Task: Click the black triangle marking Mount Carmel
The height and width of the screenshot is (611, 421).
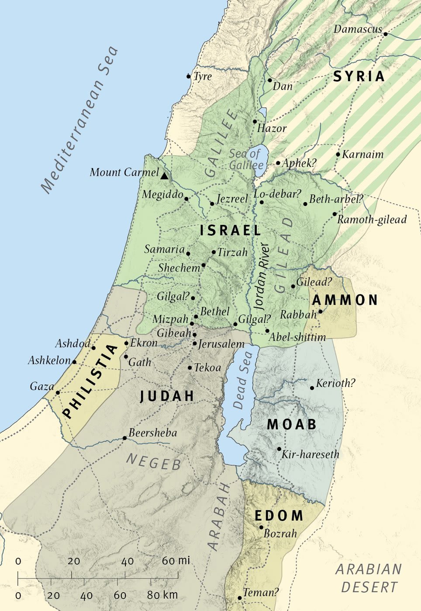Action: pos(164,176)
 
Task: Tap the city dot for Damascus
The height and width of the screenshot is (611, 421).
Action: pos(386,34)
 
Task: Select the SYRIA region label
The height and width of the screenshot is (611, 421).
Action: pos(359,76)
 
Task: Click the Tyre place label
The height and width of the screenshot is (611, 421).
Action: pos(203,76)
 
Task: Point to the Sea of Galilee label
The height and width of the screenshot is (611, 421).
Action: pos(246,159)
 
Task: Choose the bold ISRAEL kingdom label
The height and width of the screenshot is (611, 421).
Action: pos(230,230)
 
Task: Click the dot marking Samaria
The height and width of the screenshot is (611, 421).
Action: pos(188,254)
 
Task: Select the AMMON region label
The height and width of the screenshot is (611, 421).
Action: pos(345,300)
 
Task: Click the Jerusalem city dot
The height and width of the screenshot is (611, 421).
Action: pos(195,343)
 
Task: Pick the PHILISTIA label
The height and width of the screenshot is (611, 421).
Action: pos(91,381)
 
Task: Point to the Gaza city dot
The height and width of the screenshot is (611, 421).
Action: pos(58,392)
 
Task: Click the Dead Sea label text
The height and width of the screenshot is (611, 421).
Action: pos(243,381)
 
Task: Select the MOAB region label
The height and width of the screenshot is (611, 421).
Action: pos(291,424)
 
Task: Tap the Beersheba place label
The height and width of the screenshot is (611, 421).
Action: pos(152,433)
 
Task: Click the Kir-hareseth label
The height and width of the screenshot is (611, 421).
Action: pos(310,454)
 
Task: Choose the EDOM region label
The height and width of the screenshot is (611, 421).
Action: pos(279,515)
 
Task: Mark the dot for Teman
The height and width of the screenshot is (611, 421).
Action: pos(239,598)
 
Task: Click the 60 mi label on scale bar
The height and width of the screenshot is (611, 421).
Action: pos(176,561)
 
